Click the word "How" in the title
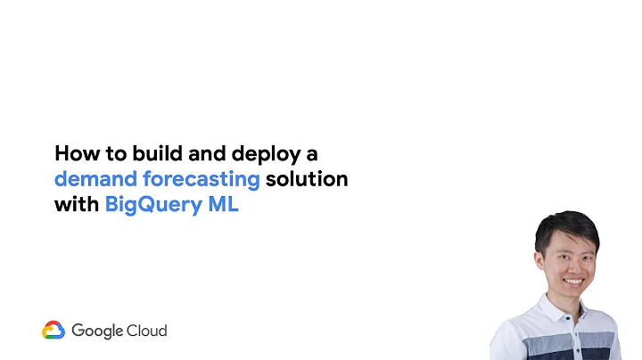click(x=74, y=152)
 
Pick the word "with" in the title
click(x=76, y=204)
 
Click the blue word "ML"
click(x=224, y=204)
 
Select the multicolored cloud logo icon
click(x=53, y=331)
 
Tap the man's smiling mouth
click(x=574, y=281)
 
